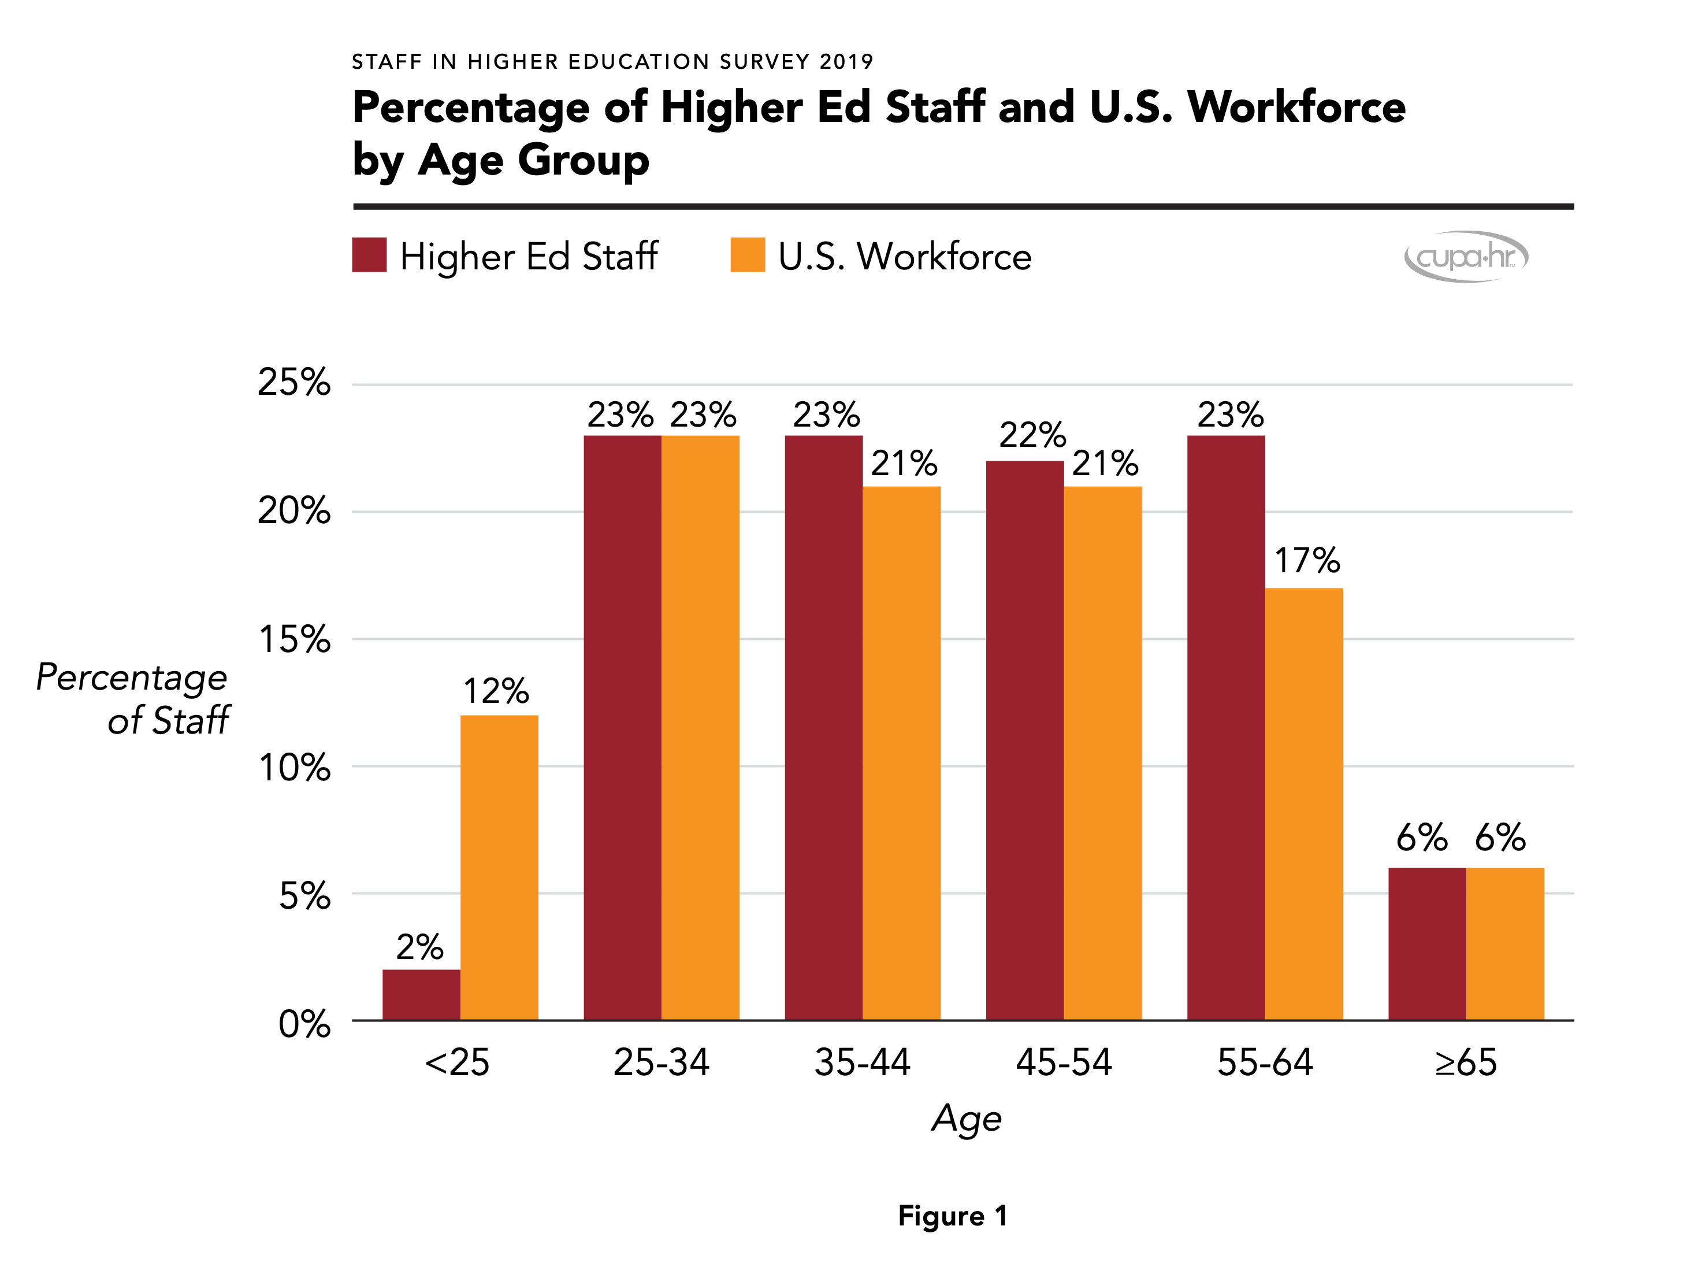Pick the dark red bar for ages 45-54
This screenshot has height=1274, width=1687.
(x=1024, y=740)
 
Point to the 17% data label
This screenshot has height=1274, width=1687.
(x=1306, y=561)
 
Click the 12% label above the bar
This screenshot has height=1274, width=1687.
(x=496, y=691)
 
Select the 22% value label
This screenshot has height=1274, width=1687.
(x=1032, y=435)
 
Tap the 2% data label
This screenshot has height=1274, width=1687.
(x=419, y=947)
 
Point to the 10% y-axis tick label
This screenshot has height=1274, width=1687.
(x=293, y=768)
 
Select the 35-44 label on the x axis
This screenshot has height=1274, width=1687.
(x=862, y=1062)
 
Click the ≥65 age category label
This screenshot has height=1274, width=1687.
(x=1465, y=1062)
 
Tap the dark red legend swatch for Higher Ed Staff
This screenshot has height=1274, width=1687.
(x=369, y=255)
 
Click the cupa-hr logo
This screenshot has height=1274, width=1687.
(x=1466, y=256)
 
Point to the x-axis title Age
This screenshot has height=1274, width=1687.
(x=967, y=1119)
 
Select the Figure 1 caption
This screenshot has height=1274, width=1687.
(x=953, y=1215)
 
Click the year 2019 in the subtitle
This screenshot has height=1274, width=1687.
(x=846, y=62)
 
